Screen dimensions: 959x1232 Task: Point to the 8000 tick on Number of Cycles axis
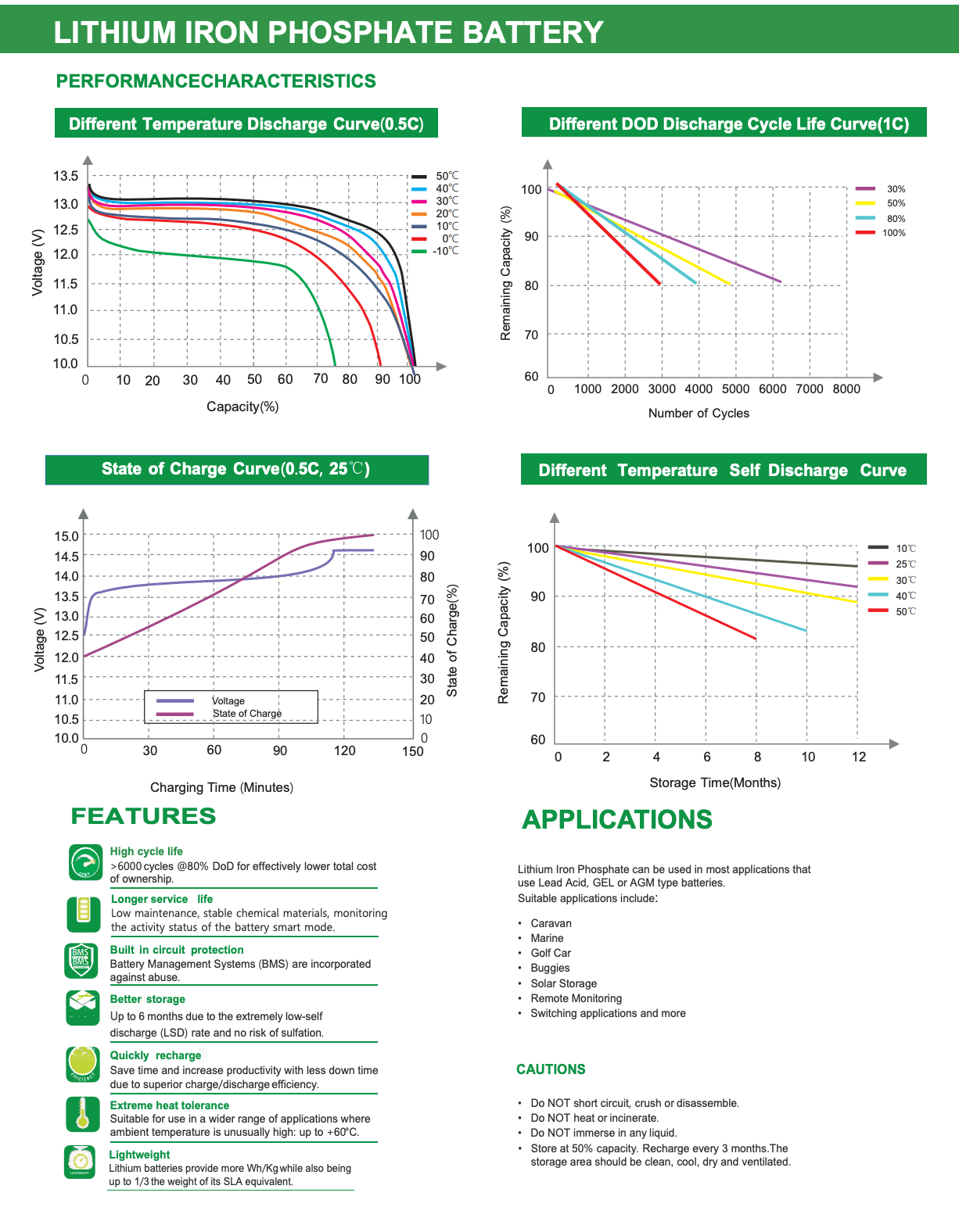tap(846, 389)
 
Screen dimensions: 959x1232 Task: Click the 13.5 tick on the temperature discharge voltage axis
tap(66, 176)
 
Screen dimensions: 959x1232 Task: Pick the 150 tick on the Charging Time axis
tap(413, 751)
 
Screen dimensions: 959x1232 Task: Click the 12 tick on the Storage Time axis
tap(859, 757)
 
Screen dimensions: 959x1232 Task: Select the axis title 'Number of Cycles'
tap(699, 414)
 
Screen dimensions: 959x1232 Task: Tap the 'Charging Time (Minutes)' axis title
tap(221, 787)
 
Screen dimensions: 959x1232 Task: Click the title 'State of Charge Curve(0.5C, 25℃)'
tap(236, 469)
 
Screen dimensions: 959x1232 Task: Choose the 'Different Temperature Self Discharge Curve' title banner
tap(724, 470)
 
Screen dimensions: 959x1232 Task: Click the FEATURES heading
tap(143, 816)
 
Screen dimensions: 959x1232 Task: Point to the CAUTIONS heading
tap(551, 1069)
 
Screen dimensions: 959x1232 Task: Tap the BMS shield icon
tap(81, 961)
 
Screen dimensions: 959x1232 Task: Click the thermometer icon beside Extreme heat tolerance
tap(83, 1114)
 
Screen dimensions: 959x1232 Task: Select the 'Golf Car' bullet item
tap(551, 953)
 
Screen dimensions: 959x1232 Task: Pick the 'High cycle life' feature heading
tap(146, 851)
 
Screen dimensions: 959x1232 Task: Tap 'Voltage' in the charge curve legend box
tap(228, 700)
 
